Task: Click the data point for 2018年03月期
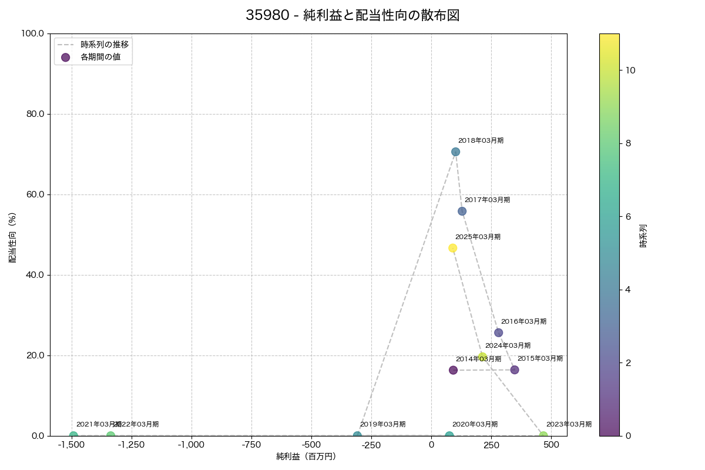click(455, 152)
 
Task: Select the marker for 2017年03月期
click(462, 211)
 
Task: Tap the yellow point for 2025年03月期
click(452, 248)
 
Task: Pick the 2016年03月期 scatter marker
click(498, 333)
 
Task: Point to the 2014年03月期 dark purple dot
click(453, 370)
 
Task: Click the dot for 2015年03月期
click(515, 370)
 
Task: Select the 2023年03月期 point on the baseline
click(543, 435)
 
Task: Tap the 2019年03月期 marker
click(357, 435)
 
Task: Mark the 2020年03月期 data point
click(449, 435)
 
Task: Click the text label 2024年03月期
click(508, 345)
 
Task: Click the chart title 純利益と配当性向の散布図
click(352, 16)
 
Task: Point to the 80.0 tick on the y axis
click(36, 114)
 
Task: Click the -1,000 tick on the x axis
click(192, 445)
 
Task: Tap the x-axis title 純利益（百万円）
click(306, 456)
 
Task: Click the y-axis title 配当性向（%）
click(12, 237)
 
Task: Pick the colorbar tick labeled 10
click(630, 70)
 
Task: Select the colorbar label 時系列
click(643, 235)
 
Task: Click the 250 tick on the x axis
click(491, 445)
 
